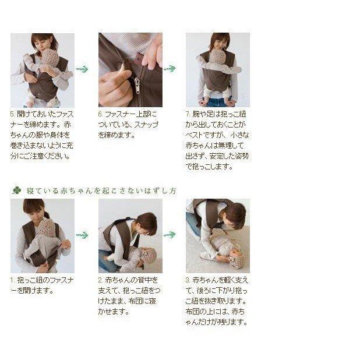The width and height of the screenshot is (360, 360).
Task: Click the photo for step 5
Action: click(x=43, y=70)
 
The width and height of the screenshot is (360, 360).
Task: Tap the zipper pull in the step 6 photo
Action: click(x=137, y=86)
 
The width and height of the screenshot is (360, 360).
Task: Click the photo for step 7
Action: click(x=217, y=70)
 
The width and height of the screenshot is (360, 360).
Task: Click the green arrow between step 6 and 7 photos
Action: click(x=170, y=69)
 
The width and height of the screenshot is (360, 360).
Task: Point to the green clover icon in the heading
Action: click(x=16, y=190)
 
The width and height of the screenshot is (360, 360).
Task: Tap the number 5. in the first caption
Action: click(x=13, y=114)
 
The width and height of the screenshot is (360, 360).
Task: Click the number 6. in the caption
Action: click(x=100, y=114)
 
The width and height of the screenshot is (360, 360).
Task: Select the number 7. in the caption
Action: click(x=188, y=114)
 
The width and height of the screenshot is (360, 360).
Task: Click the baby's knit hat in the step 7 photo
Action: click(x=217, y=57)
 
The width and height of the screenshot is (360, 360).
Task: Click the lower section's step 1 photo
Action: click(x=43, y=236)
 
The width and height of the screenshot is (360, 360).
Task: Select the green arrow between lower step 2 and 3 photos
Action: click(x=170, y=235)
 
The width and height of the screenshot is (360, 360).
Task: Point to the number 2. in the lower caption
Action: click(x=100, y=280)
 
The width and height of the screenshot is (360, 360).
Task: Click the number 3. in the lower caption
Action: click(x=188, y=280)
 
